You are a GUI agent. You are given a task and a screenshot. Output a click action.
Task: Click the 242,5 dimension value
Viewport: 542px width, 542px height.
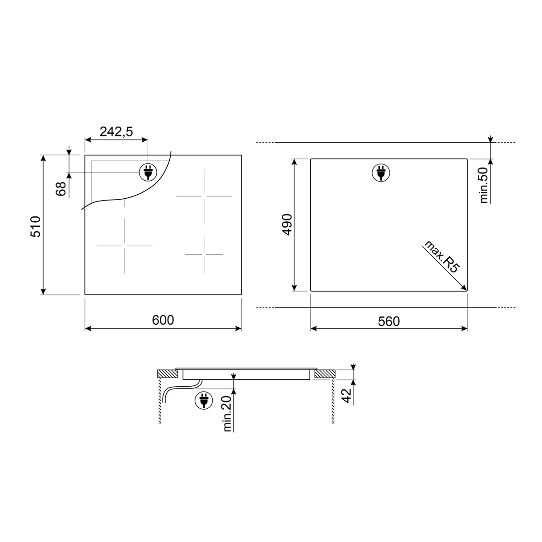[116, 131]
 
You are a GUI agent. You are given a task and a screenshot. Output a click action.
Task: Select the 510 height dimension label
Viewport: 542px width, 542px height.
[36, 227]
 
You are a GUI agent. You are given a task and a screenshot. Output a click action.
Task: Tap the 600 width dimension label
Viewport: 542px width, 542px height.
[163, 320]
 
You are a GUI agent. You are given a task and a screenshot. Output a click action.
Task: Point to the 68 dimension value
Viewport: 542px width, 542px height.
[61, 189]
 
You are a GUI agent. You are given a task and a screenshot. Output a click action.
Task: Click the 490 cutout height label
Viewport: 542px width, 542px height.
[287, 224]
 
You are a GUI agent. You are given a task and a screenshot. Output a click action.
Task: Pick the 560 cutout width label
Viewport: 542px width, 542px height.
[389, 321]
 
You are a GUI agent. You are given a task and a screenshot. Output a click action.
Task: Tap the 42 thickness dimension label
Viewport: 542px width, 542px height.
[347, 396]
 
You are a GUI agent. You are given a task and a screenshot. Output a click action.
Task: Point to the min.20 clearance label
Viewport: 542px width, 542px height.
[227, 413]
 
